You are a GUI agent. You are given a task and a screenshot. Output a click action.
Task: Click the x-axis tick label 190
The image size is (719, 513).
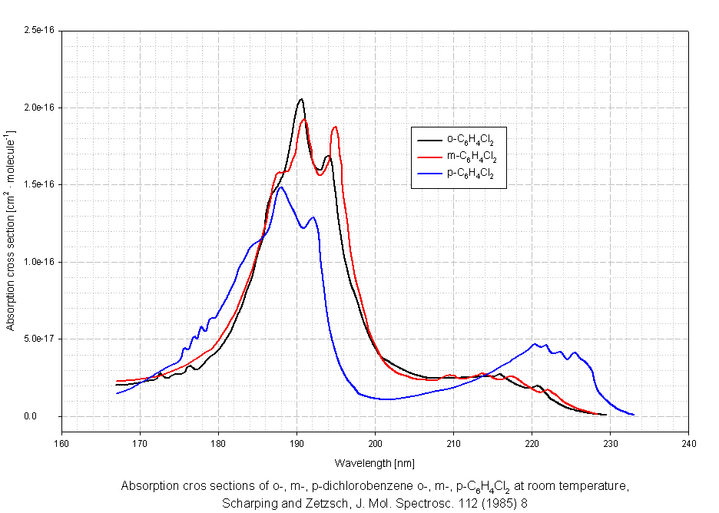click(297, 445)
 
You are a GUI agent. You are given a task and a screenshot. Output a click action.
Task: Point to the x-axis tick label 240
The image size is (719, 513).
click(689, 445)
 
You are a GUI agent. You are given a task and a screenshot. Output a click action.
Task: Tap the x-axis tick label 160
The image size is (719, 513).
click(61, 445)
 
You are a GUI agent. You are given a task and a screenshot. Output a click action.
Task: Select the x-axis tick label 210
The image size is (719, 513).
click(453, 445)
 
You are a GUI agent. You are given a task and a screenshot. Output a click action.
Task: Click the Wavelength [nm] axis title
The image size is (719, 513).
click(375, 463)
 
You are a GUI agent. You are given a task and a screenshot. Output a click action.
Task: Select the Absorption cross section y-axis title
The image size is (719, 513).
click(12, 230)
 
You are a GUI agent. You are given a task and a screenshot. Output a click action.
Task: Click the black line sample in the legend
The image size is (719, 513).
click(428, 140)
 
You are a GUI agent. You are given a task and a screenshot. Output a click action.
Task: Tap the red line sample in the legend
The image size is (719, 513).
click(428, 157)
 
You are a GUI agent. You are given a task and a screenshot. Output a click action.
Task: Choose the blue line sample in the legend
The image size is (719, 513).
click(428, 174)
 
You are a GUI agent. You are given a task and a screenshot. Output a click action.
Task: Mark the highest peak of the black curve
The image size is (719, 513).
click(301, 99)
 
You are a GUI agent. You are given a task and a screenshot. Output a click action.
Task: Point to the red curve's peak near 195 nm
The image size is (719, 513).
click(335, 127)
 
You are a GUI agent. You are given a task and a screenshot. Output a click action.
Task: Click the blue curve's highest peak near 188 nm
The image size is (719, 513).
click(281, 187)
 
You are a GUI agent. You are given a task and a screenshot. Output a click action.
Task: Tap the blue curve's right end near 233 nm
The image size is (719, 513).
click(633, 415)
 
